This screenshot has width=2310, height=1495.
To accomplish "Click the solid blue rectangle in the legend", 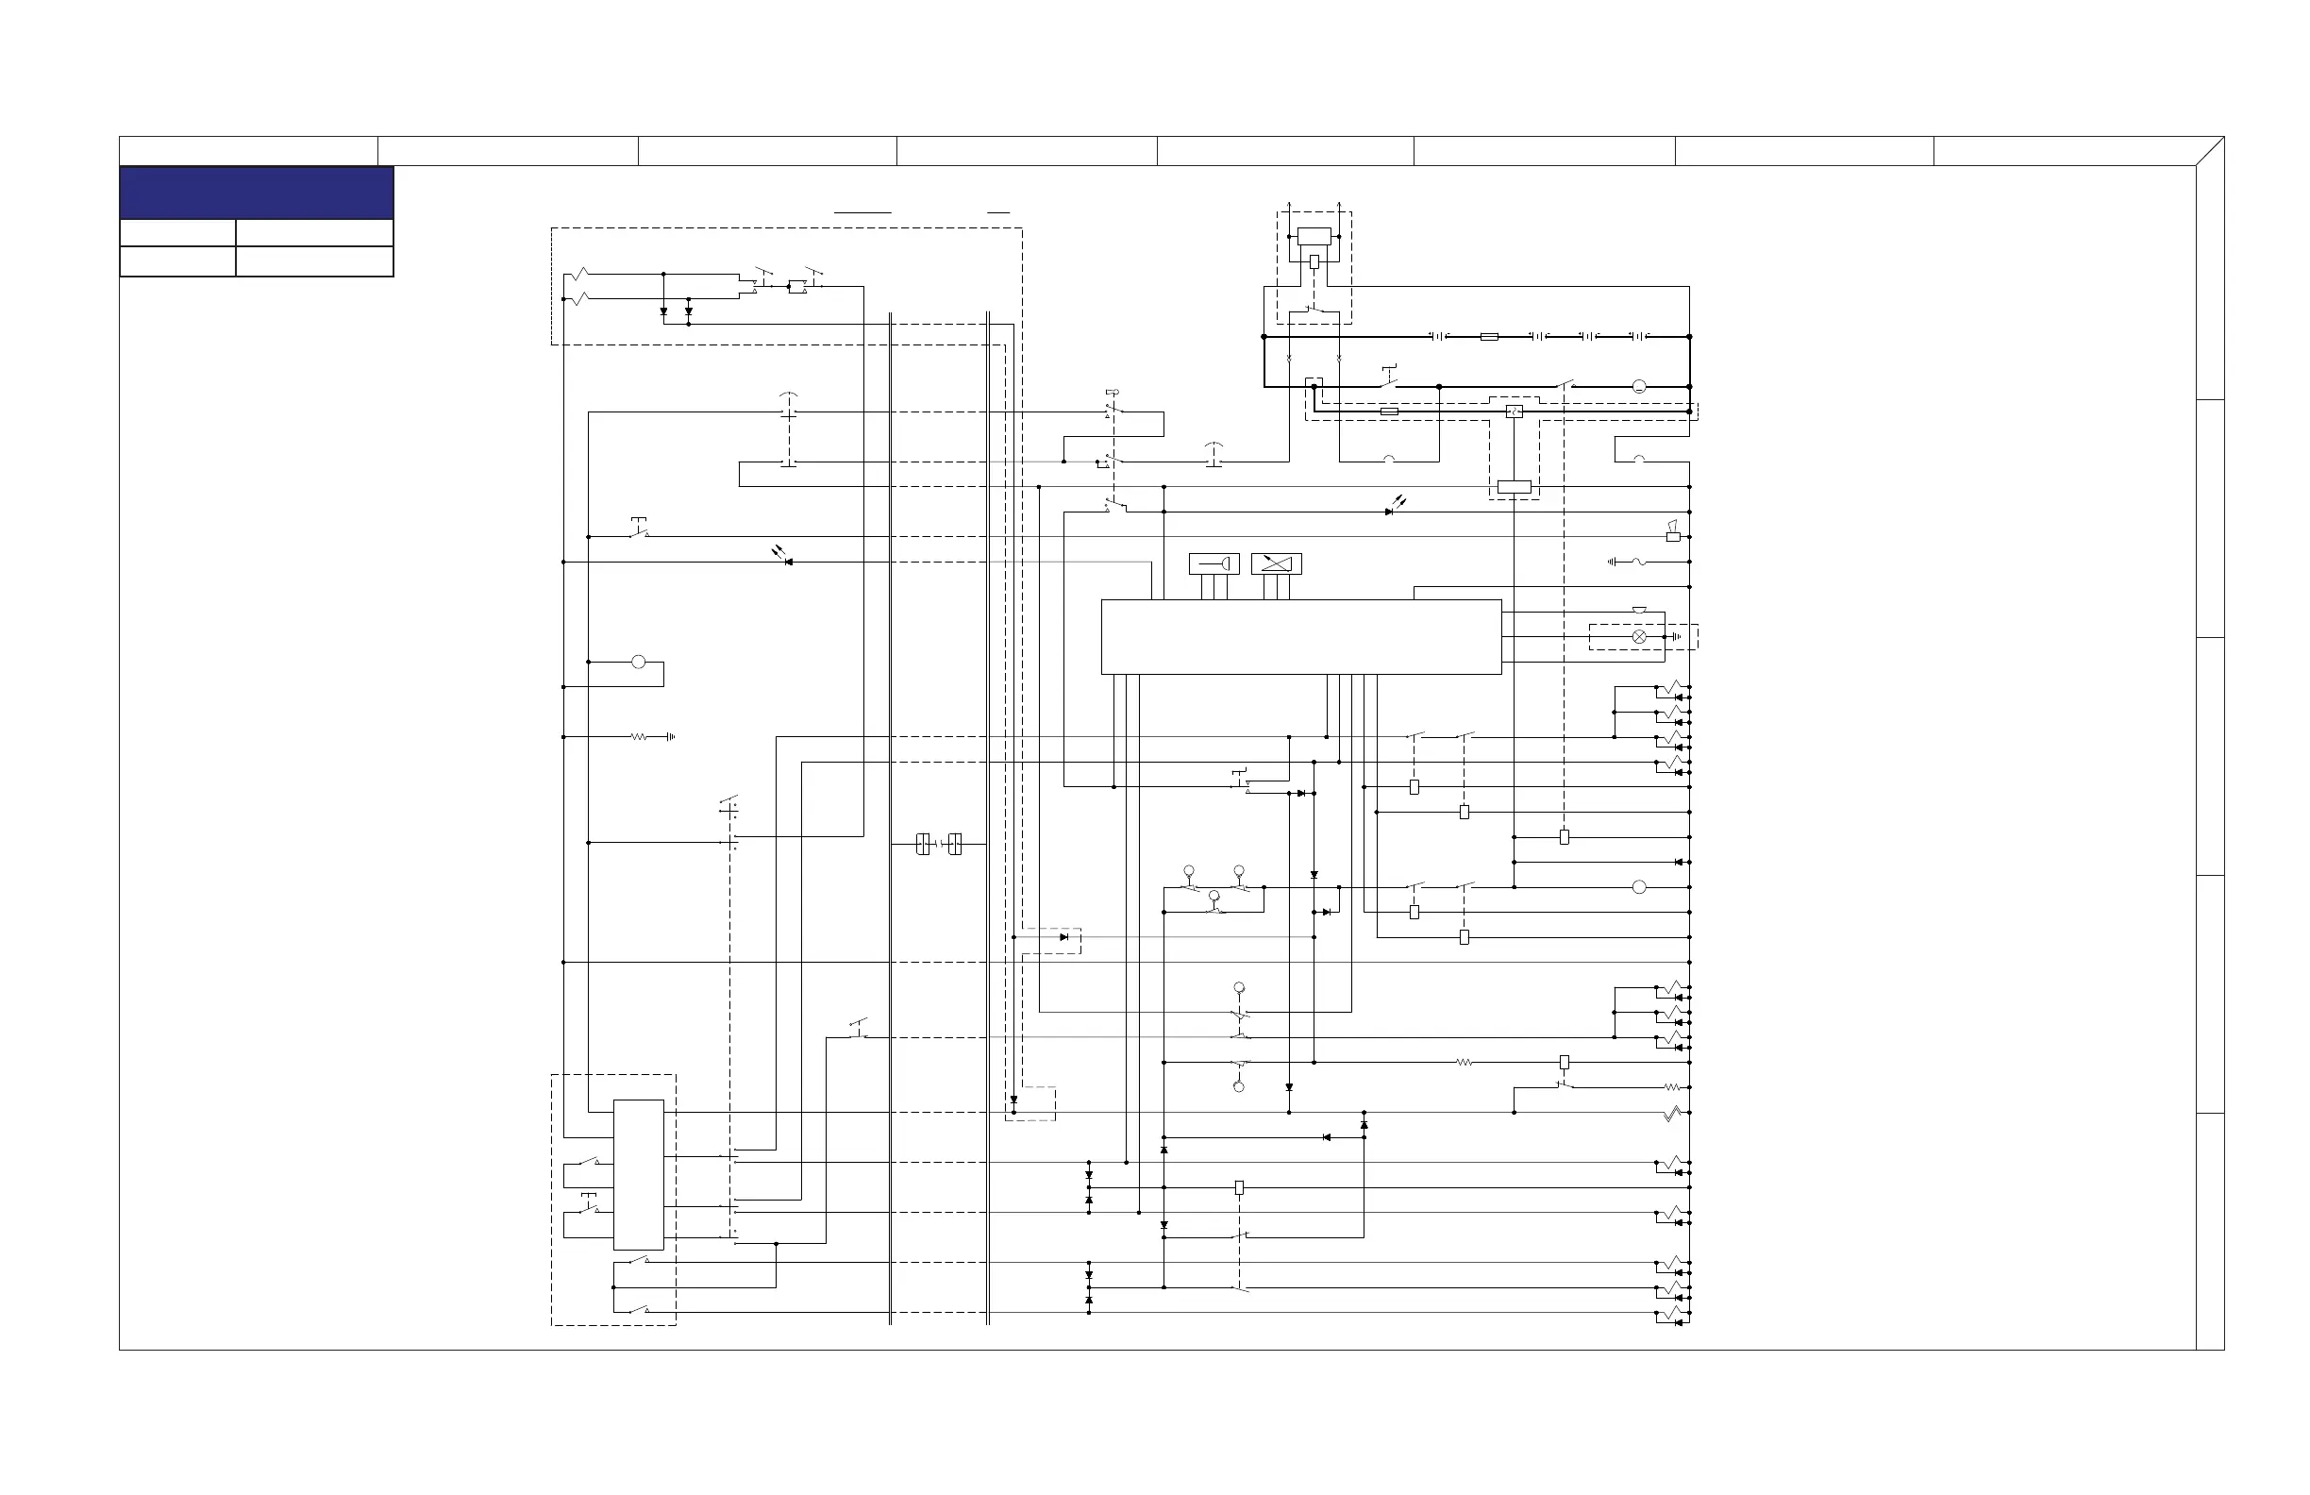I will pyautogui.click(x=257, y=193).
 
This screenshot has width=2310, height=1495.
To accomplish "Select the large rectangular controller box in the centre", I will pyautogui.click(x=1300, y=637).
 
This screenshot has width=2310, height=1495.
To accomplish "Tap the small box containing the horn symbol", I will pyautogui.click(x=1214, y=564).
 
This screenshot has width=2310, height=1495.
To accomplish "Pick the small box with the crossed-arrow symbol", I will pyautogui.click(x=1277, y=564).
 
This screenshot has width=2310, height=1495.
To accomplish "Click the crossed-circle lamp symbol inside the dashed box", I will pyautogui.click(x=1639, y=637).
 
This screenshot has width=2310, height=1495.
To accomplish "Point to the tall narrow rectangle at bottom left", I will pyautogui.click(x=639, y=1175).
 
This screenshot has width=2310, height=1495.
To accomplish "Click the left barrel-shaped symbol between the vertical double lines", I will pyautogui.click(x=923, y=844).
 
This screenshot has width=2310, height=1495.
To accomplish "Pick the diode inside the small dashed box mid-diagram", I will pyautogui.click(x=1064, y=937).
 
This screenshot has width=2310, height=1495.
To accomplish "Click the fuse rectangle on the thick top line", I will pyautogui.click(x=1489, y=337).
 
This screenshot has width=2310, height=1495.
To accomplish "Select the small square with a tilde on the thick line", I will pyautogui.click(x=1515, y=412).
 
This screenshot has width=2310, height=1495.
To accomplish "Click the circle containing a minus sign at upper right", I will pyautogui.click(x=1639, y=386).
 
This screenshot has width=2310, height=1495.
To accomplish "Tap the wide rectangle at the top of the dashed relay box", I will pyautogui.click(x=1314, y=236).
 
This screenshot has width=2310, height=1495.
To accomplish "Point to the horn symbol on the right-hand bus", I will pyautogui.click(x=1673, y=534).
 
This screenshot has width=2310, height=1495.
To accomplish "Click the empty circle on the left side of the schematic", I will pyautogui.click(x=639, y=662).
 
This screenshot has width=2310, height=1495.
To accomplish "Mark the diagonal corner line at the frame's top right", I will pyautogui.click(x=2210, y=151).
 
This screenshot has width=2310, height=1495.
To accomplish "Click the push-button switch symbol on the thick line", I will pyautogui.click(x=1390, y=377).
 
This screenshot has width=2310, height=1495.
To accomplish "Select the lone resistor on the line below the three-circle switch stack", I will pyautogui.click(x=1465, y=1063).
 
